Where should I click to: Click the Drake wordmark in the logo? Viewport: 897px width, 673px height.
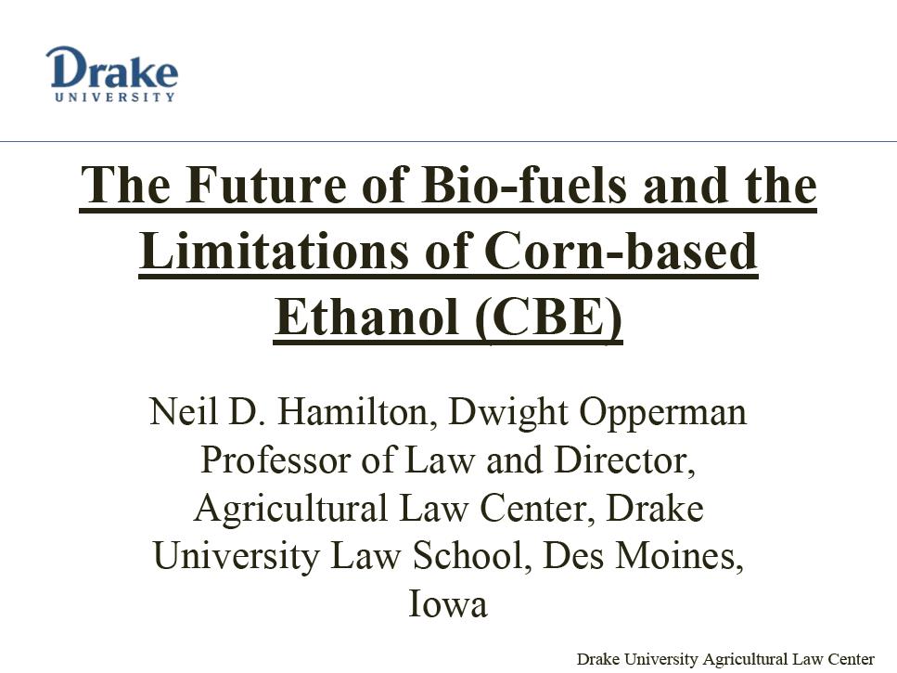coord(111,68)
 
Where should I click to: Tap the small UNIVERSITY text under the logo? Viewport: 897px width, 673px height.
coord(114,97)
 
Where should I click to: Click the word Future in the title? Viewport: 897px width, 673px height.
coord(266,185)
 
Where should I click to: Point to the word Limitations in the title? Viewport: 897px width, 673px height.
coord(274,251)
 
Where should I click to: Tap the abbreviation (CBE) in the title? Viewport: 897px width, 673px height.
coord(548,317)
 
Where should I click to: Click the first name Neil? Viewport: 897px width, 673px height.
coord(183,411)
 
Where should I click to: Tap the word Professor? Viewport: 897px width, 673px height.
coord(276,459)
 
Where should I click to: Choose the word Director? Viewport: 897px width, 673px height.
coord(624,460)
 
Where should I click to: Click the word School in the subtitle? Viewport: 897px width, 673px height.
coord(468,555)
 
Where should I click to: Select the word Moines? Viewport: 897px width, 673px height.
coord(679,556)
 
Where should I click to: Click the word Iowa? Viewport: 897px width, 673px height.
coord(448,603)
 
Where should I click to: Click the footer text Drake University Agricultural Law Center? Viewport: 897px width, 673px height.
coord(725,659)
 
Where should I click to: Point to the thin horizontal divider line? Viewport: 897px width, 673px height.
coord(449,141)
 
